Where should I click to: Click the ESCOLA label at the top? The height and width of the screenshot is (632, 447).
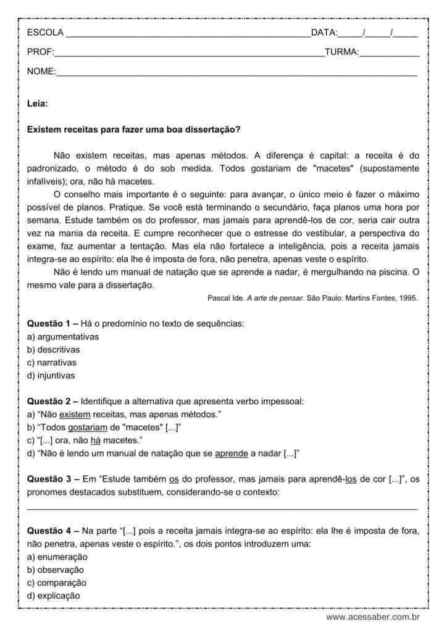tap(44, 33)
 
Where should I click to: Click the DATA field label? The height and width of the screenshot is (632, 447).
tap(324, 33)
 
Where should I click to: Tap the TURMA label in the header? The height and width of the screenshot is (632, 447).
tap(341, 52)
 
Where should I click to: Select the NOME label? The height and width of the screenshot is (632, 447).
tap(41, 72)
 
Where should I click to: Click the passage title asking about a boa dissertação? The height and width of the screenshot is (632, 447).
tap(134, 130)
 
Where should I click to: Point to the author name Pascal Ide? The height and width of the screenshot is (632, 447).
tap(227, 297)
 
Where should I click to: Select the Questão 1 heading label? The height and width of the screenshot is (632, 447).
tap(52, 323)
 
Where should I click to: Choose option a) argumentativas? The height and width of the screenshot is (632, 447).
tap(64, 336)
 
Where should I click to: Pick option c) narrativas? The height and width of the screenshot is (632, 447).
tap(53, 362)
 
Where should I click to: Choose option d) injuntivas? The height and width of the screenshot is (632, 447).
tap(52, 375)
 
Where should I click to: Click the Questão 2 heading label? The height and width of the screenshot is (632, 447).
tap(52, 401)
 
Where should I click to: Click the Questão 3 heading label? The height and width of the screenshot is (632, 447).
tap(52, 480)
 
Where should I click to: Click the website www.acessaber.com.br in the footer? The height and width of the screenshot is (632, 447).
tap(373, 617)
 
